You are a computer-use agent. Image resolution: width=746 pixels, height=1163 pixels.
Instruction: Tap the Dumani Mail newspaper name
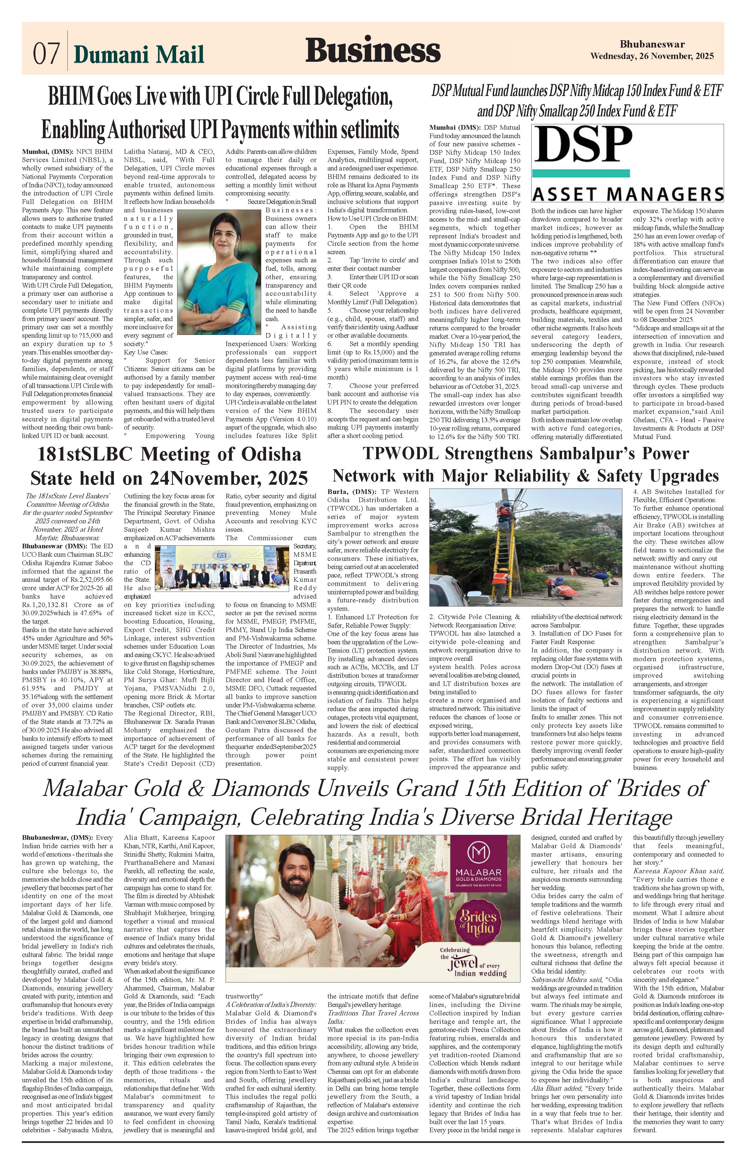(139, 55)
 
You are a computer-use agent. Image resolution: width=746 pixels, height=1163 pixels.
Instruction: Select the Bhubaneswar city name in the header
(651, 45)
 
